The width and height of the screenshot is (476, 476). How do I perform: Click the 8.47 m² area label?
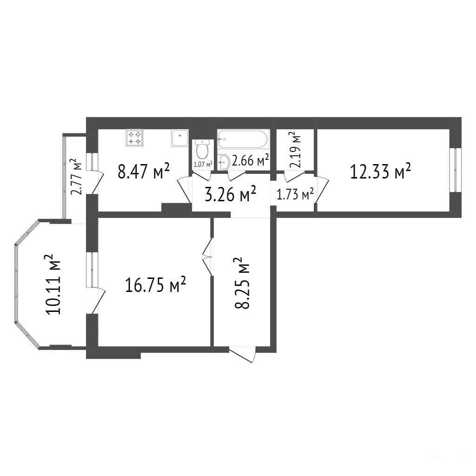(143, 171)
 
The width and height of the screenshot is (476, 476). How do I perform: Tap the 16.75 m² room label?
(155, 284)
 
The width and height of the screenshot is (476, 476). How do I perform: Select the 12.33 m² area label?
(381, 171)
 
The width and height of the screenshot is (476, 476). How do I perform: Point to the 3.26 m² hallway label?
(231, 194)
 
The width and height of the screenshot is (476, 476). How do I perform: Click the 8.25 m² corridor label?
(242, 283)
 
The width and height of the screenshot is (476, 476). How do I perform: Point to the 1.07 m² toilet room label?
(203, 165)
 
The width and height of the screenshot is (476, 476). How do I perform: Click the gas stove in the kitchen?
(135, 138)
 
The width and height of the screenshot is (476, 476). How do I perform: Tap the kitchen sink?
(180, 138)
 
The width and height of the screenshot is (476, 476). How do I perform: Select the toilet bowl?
(202, 149)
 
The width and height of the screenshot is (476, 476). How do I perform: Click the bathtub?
(243, 139)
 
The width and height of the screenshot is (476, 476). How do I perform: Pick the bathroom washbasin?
(224, 162)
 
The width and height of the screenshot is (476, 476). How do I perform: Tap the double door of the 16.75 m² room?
(208, 257)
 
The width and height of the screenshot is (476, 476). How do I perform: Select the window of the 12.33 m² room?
(456, 170)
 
